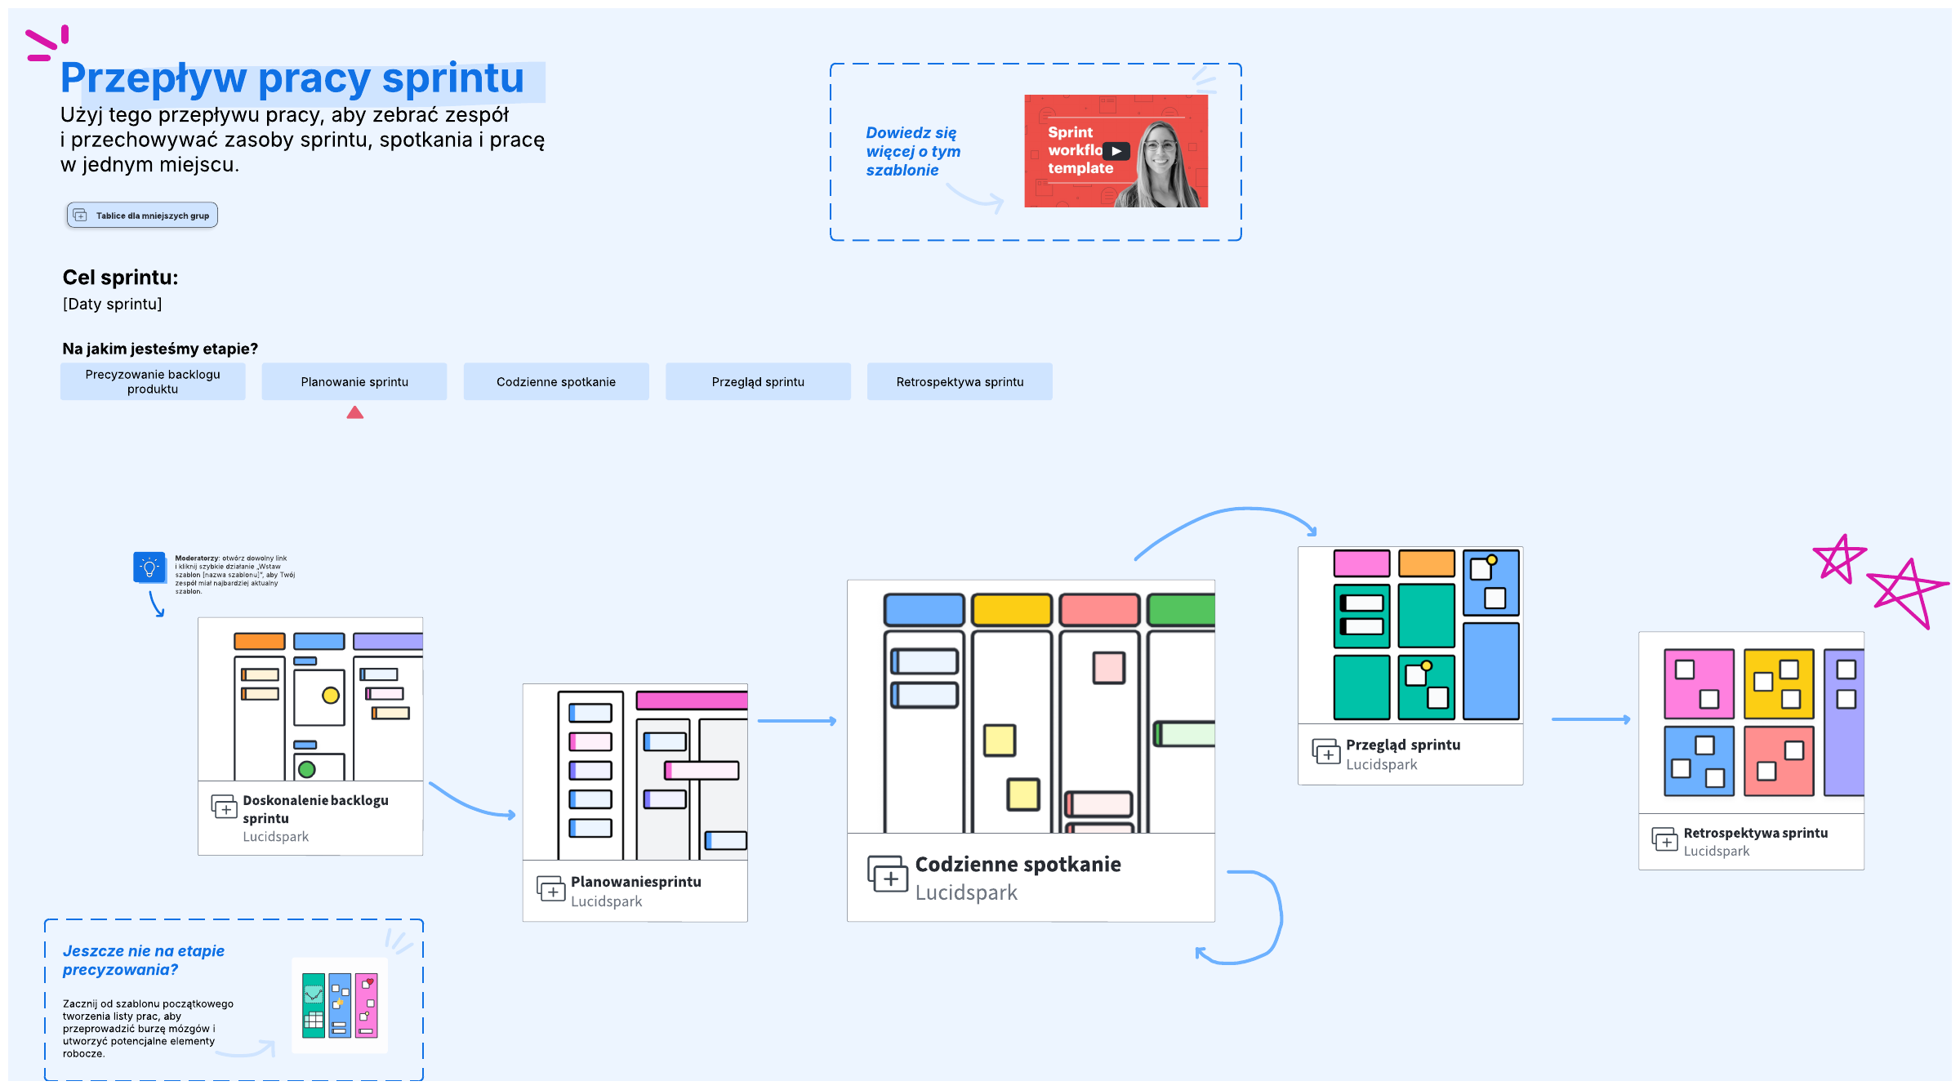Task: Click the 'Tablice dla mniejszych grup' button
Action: tap(142, 216)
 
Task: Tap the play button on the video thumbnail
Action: tap(1116, 151)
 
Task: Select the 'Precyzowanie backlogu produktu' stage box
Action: tap(153, 381)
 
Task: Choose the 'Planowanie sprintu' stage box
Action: tap(354, 381)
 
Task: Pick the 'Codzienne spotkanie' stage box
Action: tap(556, 381)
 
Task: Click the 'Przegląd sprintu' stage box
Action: tap(758, 381)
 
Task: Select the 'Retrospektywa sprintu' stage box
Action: tap(960, 381)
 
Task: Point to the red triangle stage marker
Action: tap(354, 413)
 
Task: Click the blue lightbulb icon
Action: tap(149, 567)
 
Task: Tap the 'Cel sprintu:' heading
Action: tap(120, 278)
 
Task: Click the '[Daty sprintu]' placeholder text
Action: tap(113, 305)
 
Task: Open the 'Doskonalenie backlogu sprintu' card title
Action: tap(315, 808)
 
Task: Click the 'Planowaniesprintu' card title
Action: tap(635, 882)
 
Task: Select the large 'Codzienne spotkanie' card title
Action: tap(1018, 865)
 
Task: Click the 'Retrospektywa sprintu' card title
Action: tap(1755, 833)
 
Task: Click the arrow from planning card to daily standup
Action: tap(796, 721)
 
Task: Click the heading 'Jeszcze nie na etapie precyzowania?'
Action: tap(144, 960)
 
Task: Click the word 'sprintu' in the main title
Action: tap(452, 79)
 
